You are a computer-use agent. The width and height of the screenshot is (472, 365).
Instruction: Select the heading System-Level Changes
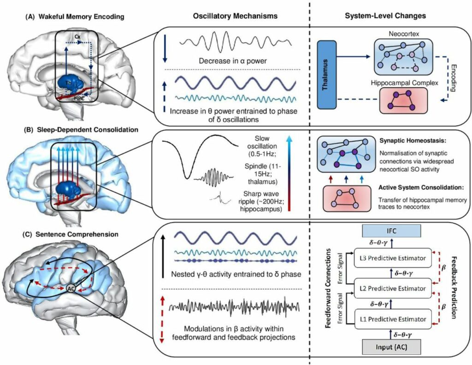(385, 16)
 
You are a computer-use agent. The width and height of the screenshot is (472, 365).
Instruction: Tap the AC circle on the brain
(71, 287)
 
